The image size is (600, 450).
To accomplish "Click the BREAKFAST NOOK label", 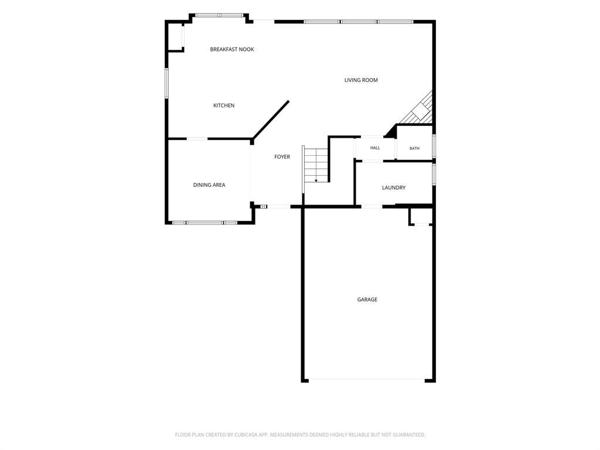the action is (232, 49).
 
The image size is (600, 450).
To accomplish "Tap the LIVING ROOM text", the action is (361, 80).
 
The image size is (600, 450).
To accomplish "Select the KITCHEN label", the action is (224, 105).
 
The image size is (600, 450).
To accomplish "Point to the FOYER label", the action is (282, 156).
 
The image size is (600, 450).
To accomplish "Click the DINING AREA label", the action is (209, 185).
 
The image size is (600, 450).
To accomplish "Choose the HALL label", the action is (375, 148).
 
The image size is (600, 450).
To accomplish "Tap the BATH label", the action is (414, 148).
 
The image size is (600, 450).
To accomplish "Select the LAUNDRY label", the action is (394, 187).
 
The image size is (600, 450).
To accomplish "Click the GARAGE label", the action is (367, 299).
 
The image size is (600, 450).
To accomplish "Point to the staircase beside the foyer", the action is (316, 165).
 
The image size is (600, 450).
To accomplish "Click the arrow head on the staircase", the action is (316, 180).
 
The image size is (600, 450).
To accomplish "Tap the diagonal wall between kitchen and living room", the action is (271, 120).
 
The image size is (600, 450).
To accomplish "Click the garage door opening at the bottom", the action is (367, 380).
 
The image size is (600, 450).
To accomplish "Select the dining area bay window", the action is (204, 222).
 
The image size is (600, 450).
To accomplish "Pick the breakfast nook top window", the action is (219, 15).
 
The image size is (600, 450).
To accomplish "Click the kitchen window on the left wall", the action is (166, 83).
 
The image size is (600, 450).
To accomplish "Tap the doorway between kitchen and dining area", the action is (197, 138).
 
